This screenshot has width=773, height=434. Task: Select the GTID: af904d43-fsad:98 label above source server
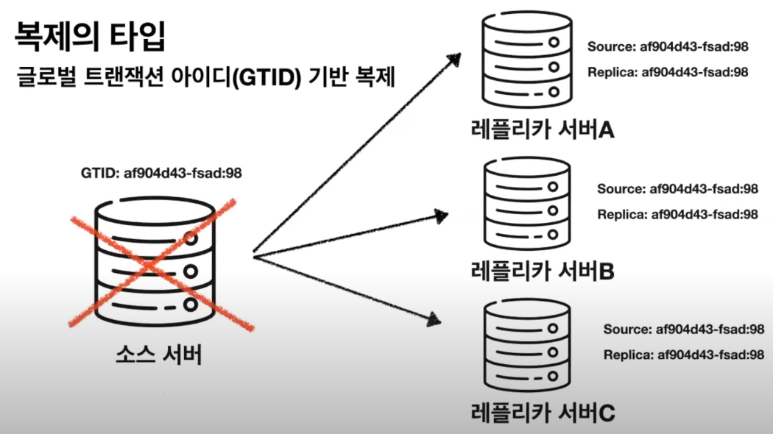point(162,174)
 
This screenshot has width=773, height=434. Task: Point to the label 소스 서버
point(159,355)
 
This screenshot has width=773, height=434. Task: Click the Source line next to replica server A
point(668,46)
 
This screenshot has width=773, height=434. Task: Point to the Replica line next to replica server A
point(668,71)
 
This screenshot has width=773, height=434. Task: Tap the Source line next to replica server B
point(677,189)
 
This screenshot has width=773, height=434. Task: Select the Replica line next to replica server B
point(677,214)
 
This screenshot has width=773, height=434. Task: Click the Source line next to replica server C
point(683,329)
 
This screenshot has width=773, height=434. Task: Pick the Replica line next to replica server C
point(683,354)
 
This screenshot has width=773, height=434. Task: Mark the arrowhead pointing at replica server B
point(441,216)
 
